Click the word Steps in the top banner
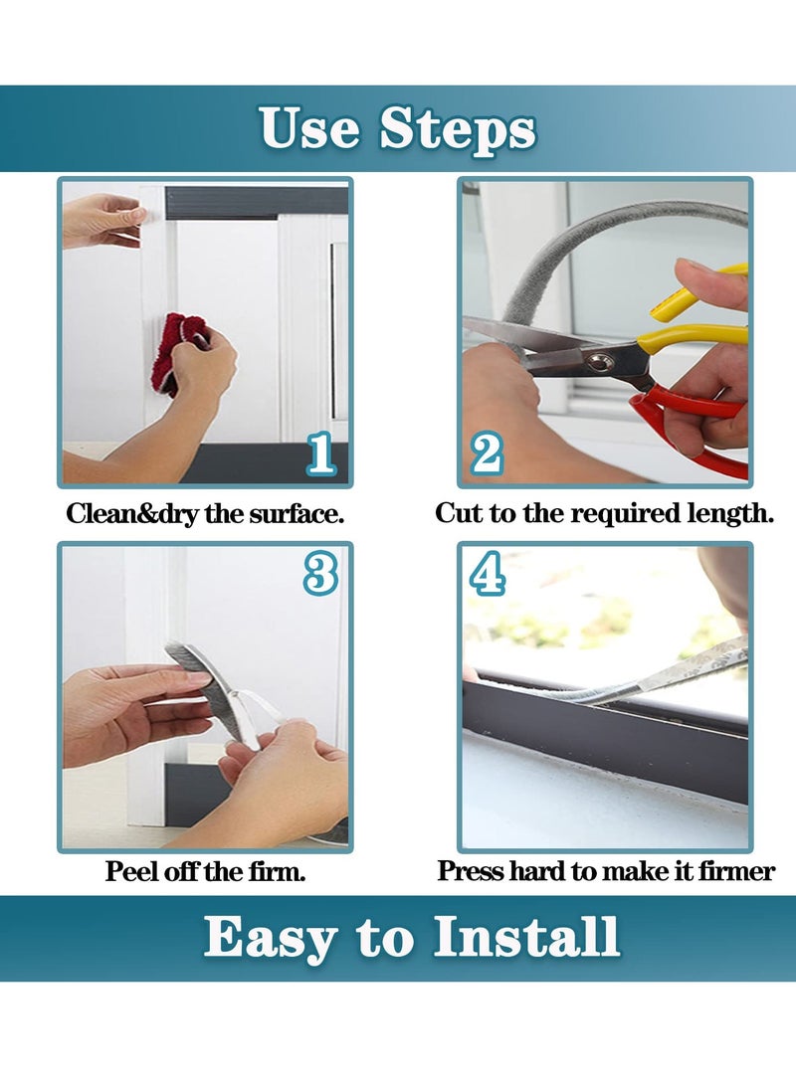pyautogui.click(x=459, y=129)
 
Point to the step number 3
pyautogui.click(x=320, y=574)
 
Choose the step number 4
pyautogui.click(x=487, y=574)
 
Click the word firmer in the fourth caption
pyautogui.click(x=736, y=873)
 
